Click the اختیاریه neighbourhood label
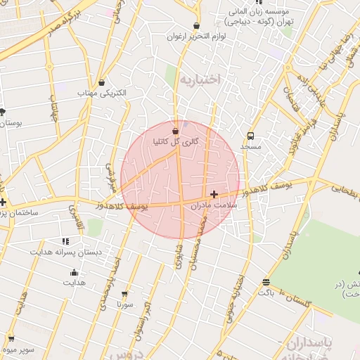200,79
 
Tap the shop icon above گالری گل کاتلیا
175,131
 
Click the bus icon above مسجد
250,136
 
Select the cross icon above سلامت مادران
214,194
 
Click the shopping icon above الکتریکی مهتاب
103,82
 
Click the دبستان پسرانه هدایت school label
65,251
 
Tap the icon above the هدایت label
74,273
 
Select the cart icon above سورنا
124,295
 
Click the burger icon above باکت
266,282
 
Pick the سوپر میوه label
18,348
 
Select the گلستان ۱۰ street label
295,297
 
